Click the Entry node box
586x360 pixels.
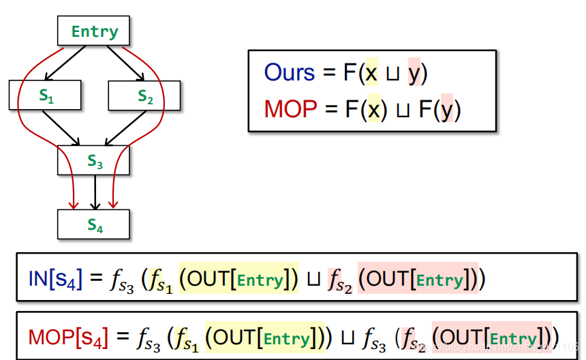(x=94, y=31)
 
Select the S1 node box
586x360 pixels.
(x=45, y=95)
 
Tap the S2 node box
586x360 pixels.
(x=144, y=95)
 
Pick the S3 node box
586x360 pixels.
(x=94, y=160)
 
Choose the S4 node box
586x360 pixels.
(x=94, y=224)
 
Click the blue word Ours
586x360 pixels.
(x=290, y=73)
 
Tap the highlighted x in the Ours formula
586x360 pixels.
(x=371, y=73)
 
